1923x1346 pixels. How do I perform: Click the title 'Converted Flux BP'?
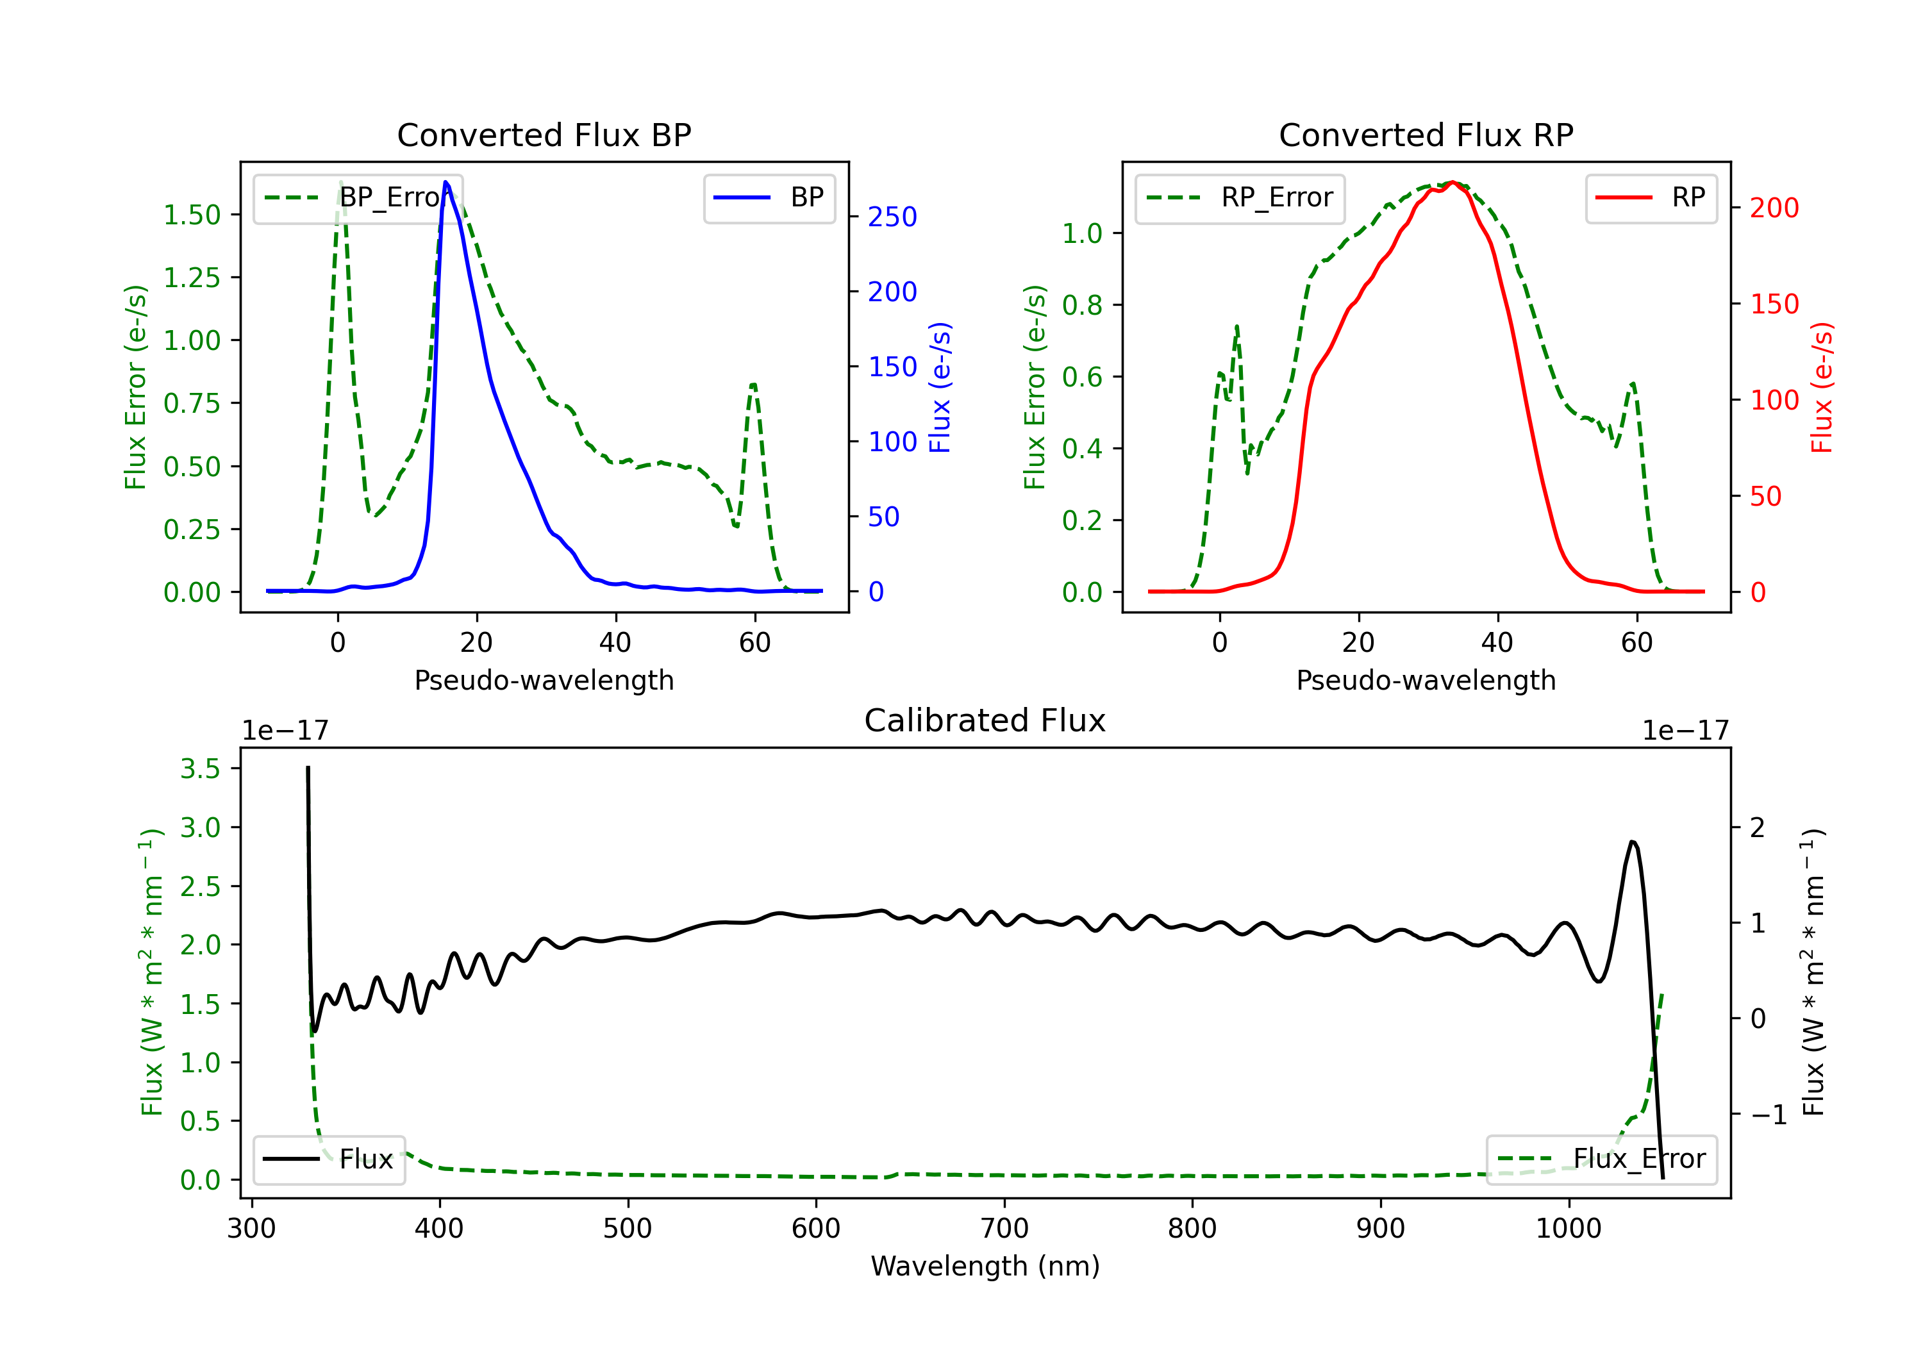coord(544,135)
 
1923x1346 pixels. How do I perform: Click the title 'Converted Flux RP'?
coord(1426,135)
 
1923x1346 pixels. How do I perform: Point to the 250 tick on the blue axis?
coord(892,217)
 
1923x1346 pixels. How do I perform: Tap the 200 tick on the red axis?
coord(1774,208)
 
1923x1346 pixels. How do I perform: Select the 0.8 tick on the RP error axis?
coord(1082,305)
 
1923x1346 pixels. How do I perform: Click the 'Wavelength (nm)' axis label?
coord(985,1266)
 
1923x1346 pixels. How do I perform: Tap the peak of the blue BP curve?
coord(445,182)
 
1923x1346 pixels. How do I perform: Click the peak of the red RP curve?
coord(1453,183)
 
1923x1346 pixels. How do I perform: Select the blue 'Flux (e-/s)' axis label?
coord(940,387)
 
